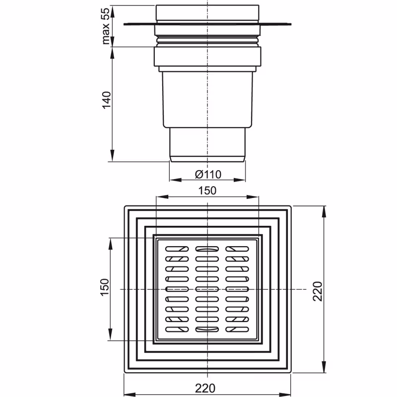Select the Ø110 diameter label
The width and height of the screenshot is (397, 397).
pos(207,174)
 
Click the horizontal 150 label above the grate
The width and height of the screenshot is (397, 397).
pos(207,191)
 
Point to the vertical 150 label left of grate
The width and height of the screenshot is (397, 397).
pos(104,288)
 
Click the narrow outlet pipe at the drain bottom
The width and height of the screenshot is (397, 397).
pos(207,144)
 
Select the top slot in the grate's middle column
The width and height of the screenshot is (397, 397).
pos(207,249)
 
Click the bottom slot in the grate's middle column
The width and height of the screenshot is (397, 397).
pos(207,329)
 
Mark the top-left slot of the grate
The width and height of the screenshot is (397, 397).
pos(177,249)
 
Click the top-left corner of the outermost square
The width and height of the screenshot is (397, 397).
pos(124,205)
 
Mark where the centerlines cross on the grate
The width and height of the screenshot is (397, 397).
pos(207,289)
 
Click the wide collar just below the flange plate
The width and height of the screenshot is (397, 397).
pos(207,56)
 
